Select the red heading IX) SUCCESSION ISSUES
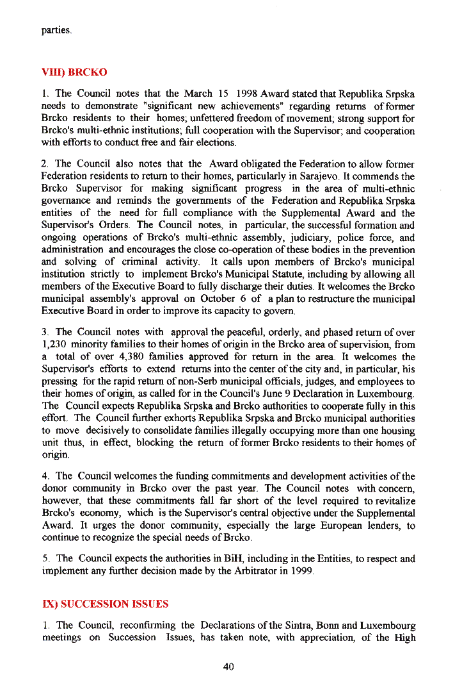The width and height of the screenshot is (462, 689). (105, 604)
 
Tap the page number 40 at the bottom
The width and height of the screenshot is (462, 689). (229, 667)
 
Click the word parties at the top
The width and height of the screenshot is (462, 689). (56, 30)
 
